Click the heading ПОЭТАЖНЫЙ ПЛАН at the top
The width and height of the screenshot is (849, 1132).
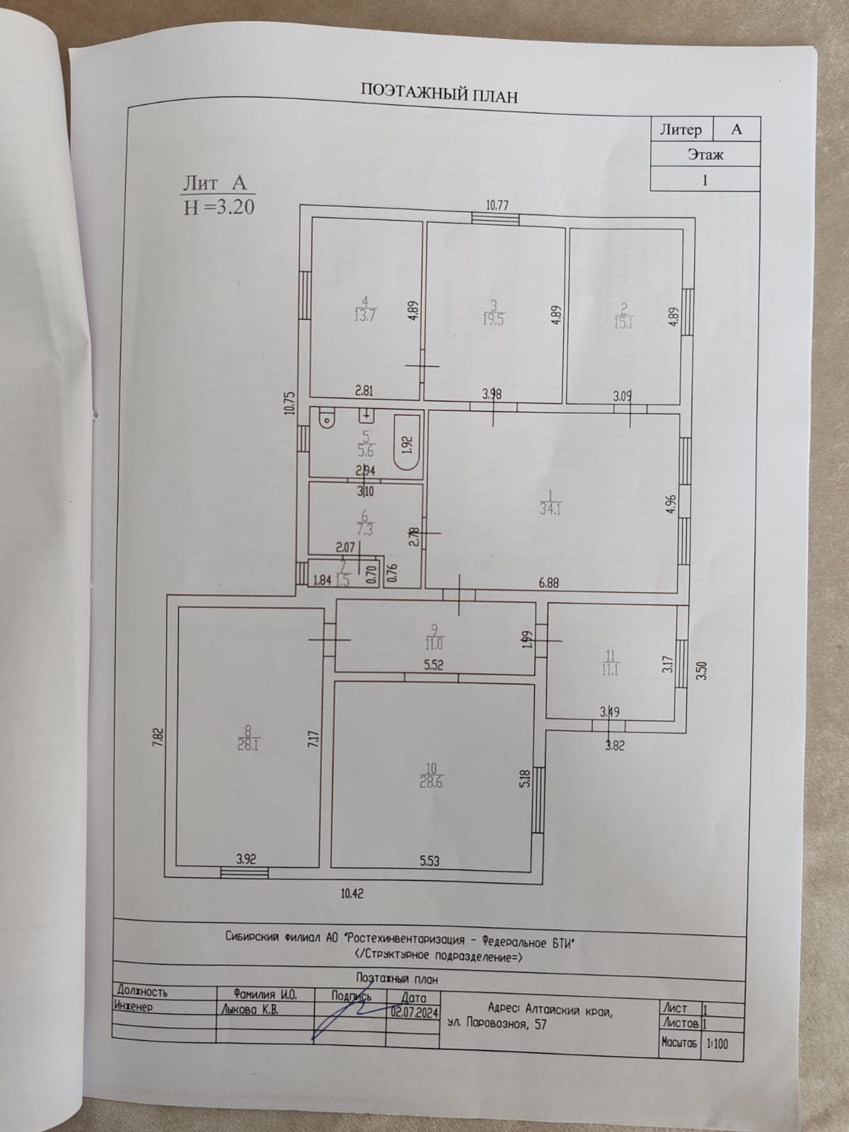pyautogui.click(x=439, y=93)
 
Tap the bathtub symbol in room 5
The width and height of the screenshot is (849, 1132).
pyautogui.click(x=405, y=444)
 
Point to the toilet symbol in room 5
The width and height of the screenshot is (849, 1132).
pyautogui.click(x=327, y=420)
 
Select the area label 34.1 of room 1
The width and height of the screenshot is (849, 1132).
pyautogui.click(x=550, y=508)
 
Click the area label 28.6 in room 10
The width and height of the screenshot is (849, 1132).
pyautogui.click(x=431, y=782)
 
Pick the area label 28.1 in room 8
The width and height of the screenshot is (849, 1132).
pyautogui.click(x=247, y=744)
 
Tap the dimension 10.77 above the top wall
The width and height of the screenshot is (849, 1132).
pyautogui.click(x=497, y=206)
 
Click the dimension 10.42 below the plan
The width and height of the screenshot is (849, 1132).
pyautogui.click(x=352, y=894)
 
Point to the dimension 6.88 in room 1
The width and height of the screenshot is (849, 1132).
pyautogui.click(x=548, y=583)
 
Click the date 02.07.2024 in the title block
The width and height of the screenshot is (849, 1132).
pyautogui.click(x=415, y=1012)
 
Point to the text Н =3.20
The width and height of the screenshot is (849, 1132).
pyautogui.click(x=219, y=207)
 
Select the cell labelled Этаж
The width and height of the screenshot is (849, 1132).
pyautogui.click(x=705, y=154)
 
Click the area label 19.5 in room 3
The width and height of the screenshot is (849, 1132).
pyautogui.click(x=492, y=319)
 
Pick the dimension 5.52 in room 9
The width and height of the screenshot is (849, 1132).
pyautogui.click(x=433, y=665)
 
